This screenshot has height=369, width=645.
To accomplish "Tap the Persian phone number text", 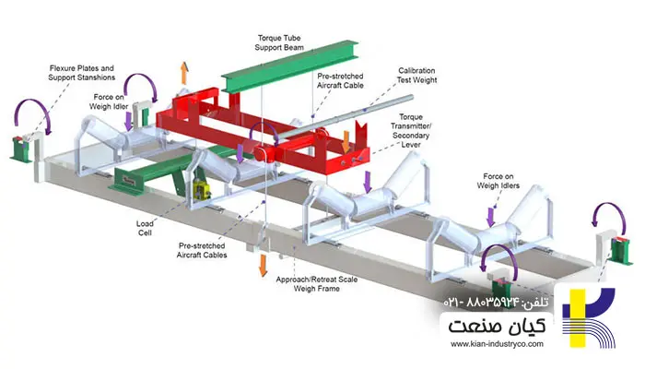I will (498, 302).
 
